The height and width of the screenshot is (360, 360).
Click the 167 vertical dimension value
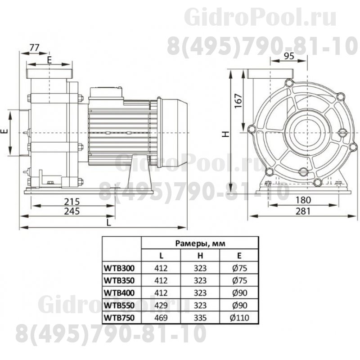click(238, 101)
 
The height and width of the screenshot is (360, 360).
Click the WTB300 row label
click(120, 269)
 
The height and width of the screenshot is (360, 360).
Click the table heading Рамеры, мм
click(200, 243)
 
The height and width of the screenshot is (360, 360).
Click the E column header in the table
click(239, 256)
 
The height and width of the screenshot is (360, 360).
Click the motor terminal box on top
click(106, 93)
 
